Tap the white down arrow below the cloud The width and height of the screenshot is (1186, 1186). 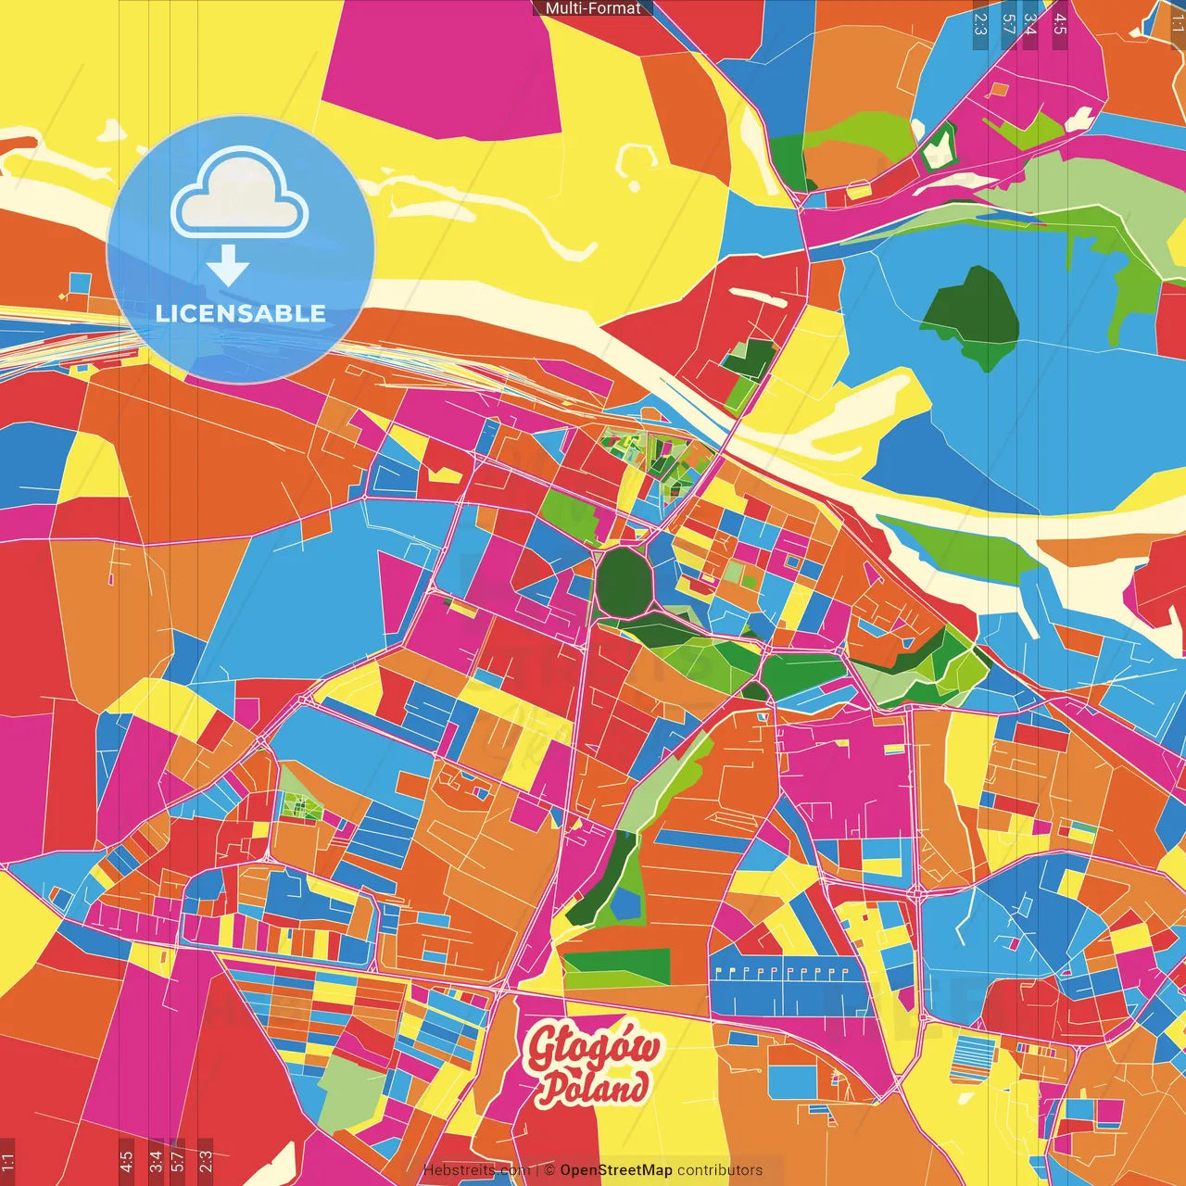pyautogui.click(x=228, y=267)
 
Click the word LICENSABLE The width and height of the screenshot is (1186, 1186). pyautogui.click(x=241, y=313)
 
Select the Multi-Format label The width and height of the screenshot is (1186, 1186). pyautogui.click(x=593, y=8)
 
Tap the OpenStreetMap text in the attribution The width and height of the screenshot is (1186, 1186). pyautogui.click(x=616, y=1170)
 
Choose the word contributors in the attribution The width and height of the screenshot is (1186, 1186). pyautogui.click(x=720, y=1170)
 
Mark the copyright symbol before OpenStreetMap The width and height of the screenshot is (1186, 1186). pyautogui.click(x=549, y=1170)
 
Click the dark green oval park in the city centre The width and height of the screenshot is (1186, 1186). pyautogui.click(x=625, y=581)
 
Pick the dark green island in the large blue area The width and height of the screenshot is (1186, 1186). pyautogui.click(x=973, y=315)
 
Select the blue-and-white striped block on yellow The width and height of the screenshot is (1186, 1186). pyautogui.click(x=973, y=1059)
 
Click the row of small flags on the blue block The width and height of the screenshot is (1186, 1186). pyautogui.click(x=783, y=972)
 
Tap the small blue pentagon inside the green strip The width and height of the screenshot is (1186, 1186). pyautogui.click(x=627, y=902)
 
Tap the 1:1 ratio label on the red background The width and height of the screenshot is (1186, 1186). pyautogui.click(x=7, y=1159)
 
